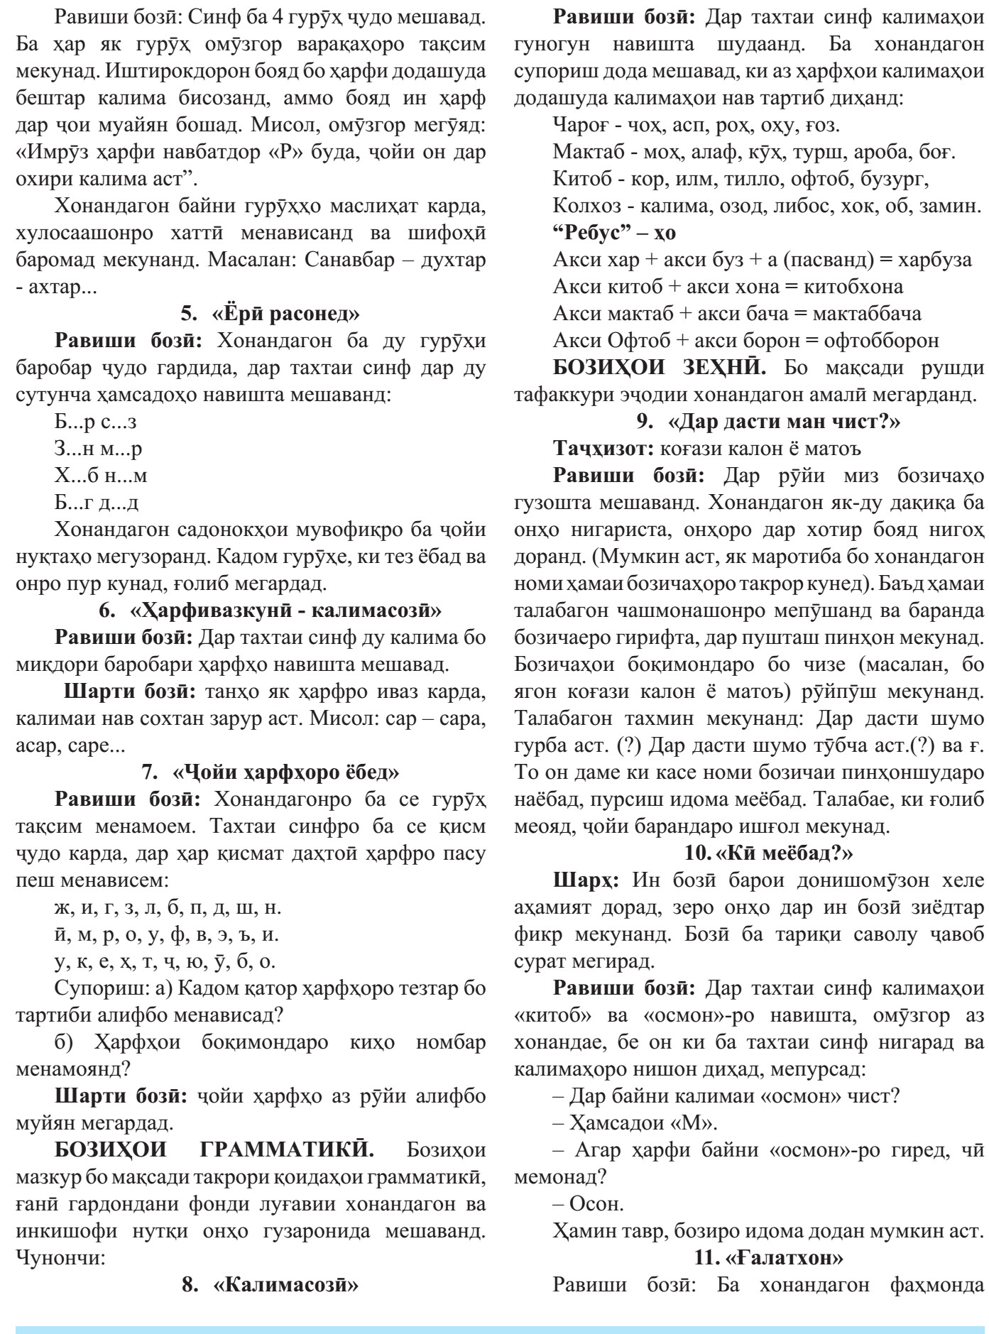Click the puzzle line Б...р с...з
pyautogui.click(x=95, y=422)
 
